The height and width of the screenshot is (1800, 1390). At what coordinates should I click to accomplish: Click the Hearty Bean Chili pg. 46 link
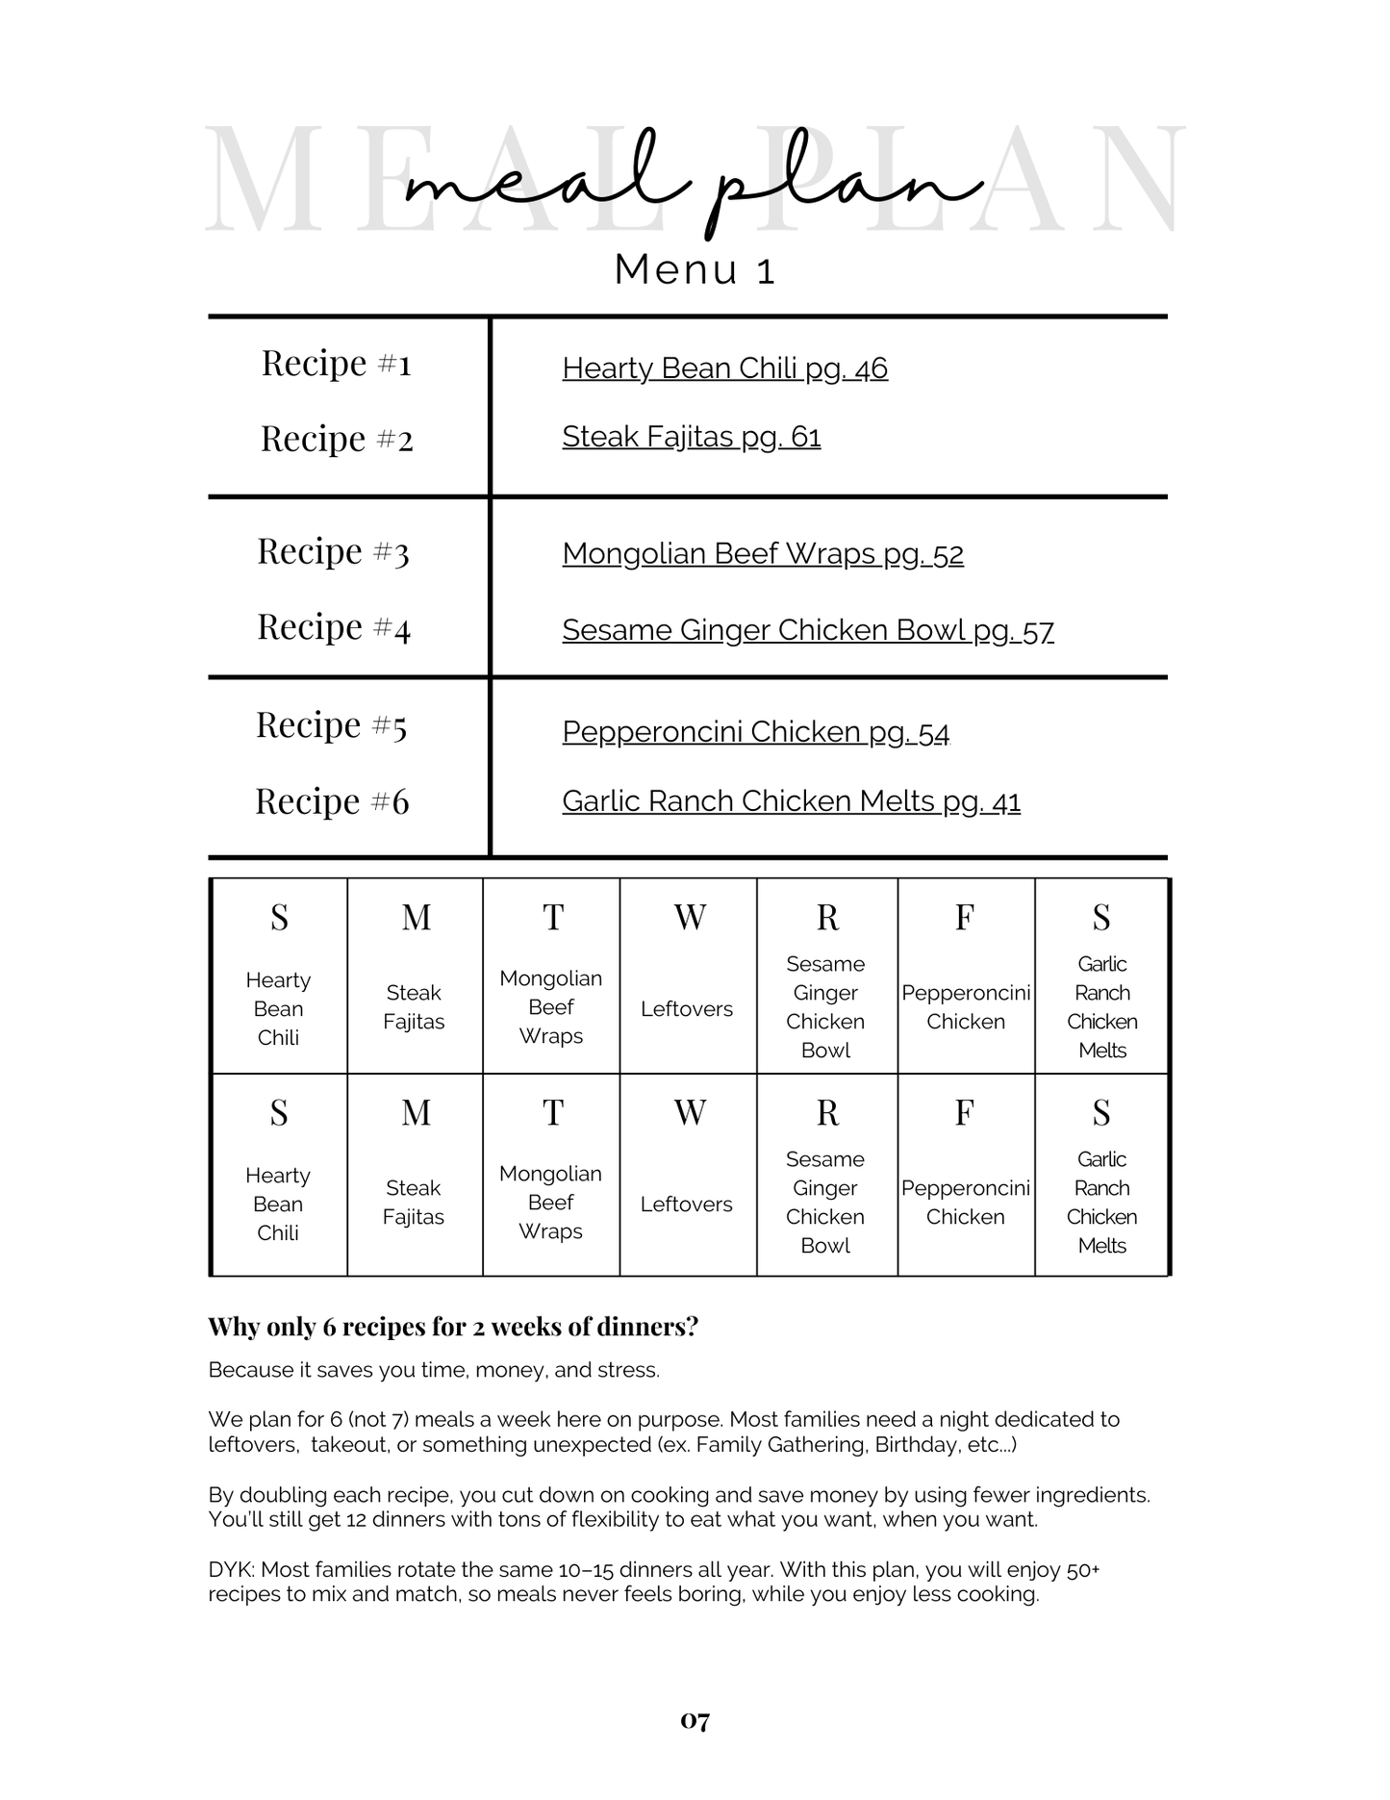[x=724, y=368]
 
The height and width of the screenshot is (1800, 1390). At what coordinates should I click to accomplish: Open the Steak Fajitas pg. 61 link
[x=691, y=437]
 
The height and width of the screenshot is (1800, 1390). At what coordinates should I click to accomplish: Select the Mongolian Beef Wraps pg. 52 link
[x=762, y=554]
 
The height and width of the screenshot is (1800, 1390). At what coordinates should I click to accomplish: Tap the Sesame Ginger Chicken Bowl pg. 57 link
[x=807, y=630]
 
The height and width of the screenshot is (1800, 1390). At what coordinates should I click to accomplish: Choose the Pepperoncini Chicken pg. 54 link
[x=755, y=732]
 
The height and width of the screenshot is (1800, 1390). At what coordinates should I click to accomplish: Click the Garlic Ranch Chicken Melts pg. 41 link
[x=791, y=801]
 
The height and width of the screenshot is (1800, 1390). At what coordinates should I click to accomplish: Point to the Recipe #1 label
[x=336, y=364]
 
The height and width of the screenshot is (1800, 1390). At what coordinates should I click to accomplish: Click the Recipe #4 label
[x=333, y=627]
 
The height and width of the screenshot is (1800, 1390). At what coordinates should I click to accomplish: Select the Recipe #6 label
[x=332, y=801]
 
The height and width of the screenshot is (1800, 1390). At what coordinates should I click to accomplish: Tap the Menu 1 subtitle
[x=695, y=269]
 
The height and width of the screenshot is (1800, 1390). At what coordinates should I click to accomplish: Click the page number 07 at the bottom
[x=695, y=1720]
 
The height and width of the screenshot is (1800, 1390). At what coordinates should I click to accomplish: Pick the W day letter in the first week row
[x=690, y=918]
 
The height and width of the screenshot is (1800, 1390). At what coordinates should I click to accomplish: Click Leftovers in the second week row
[x=686, y=1204]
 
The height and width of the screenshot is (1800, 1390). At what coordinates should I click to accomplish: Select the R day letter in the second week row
[x=827, y=1113]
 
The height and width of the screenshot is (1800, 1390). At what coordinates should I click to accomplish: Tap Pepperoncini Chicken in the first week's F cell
[x=965, y=1007]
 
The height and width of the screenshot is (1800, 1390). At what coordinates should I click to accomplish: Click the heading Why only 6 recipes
[x=453, y=1327]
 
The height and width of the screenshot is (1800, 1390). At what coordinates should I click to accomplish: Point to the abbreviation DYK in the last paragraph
[x=229, y=1570]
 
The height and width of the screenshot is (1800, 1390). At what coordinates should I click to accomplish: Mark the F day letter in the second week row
[x=964, y=1113]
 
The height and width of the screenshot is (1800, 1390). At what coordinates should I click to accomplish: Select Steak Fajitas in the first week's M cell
[x=414, y=1007]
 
